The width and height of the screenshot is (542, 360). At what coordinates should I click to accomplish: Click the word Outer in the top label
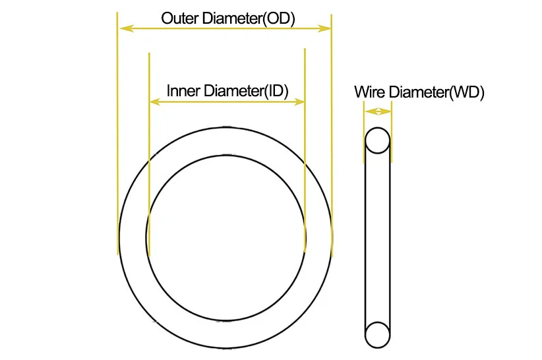(x=177, y=18)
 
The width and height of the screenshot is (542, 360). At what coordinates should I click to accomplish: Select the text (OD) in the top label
(x=278, y=18)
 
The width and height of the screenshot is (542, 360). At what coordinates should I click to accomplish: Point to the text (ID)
(x=276, y=90)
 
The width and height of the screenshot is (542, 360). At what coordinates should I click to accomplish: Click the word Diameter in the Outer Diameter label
(x=227, y=18)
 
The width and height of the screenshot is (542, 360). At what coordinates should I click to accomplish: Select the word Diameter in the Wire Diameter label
(x=418, y=92)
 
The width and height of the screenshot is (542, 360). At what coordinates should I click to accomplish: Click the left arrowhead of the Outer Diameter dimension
(x=123, y=28)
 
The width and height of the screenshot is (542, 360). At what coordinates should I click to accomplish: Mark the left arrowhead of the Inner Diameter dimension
(x=155, y=102)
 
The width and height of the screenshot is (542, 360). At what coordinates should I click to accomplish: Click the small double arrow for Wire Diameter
(x=377, y=112)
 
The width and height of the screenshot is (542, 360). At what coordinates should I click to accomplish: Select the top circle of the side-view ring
(x=378, y=140)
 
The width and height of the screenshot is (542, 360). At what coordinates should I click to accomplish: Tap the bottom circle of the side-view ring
(x=378, y=334)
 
